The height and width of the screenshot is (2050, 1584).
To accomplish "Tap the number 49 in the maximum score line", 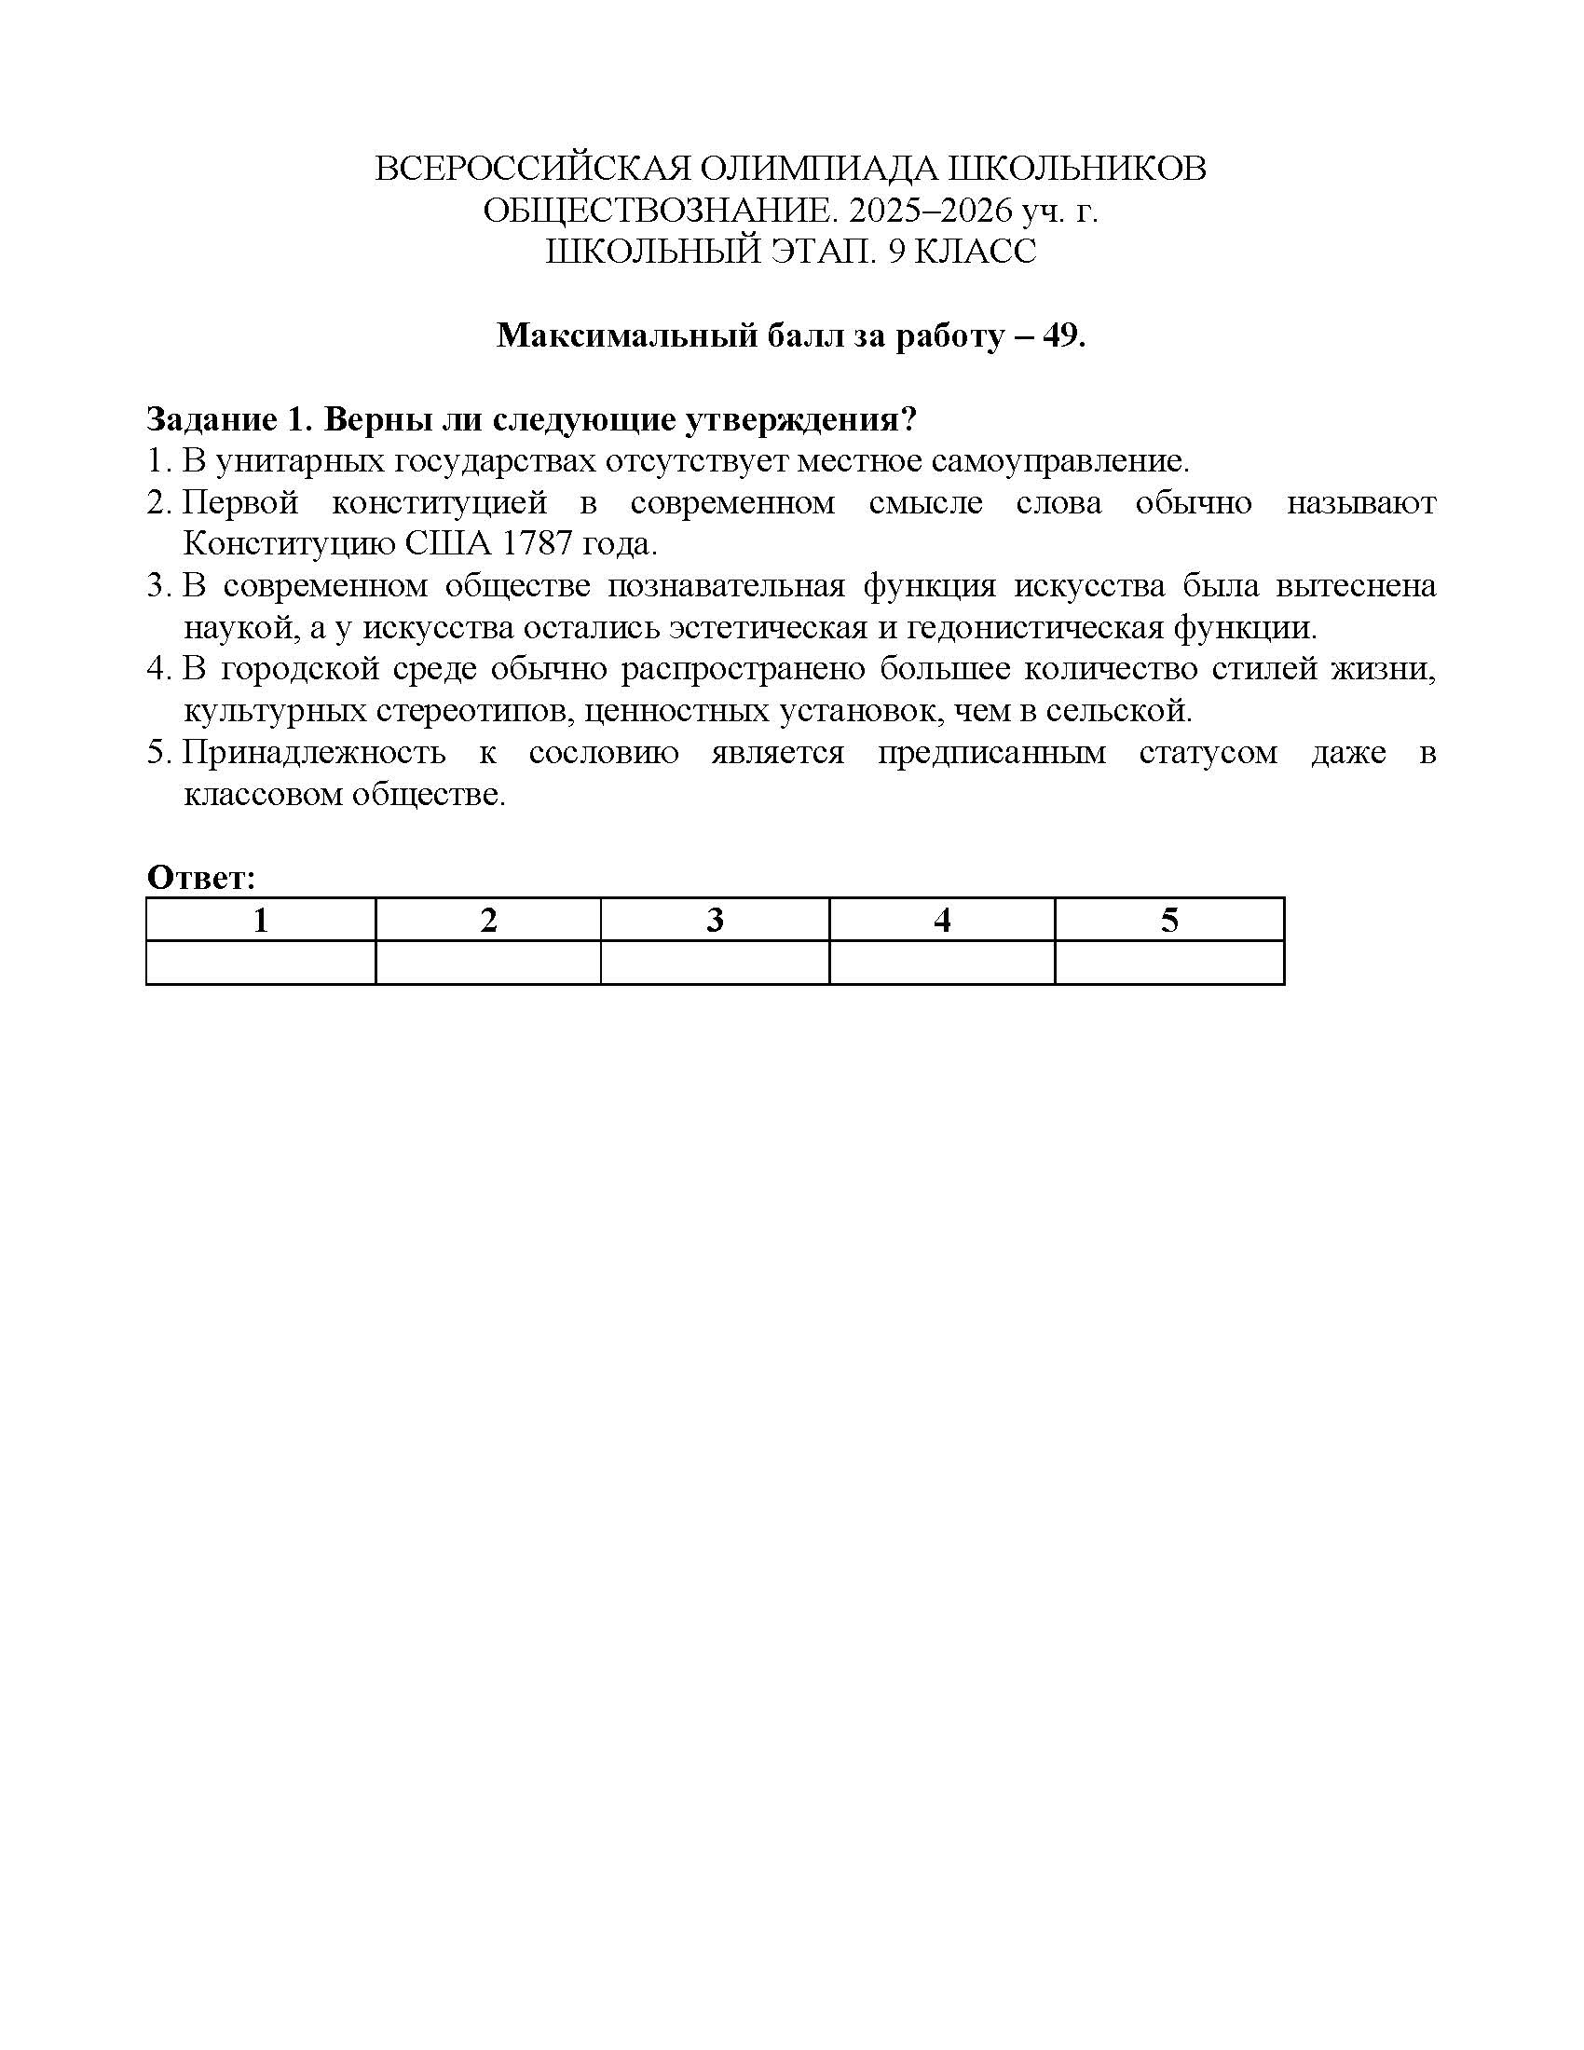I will coord(1060,335).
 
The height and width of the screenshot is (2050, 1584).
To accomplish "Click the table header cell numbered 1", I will coord(261,920).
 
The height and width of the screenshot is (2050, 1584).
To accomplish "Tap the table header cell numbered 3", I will coord(715,920).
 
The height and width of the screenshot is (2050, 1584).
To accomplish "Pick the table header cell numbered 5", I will coord(1169,920).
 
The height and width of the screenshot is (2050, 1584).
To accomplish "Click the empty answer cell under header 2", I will coord(488,963).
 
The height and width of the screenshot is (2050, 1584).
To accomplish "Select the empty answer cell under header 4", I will coord(942,963).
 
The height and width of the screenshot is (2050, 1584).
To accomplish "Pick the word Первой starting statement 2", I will coord(240,503).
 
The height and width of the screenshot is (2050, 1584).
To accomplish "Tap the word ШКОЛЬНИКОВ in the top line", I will coord(1078,169).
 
